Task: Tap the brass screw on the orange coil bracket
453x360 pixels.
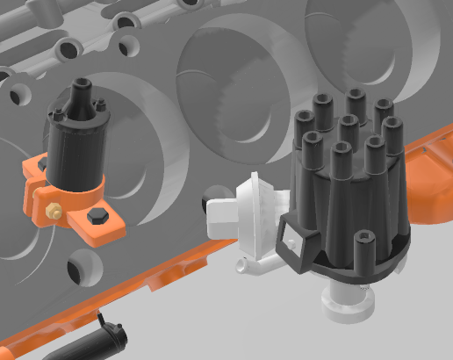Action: point(52,211)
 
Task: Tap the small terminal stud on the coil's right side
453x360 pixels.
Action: point(103,108)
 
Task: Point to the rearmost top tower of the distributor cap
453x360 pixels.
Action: point(355,98)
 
